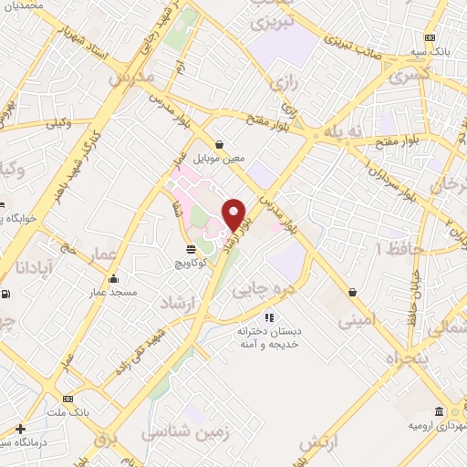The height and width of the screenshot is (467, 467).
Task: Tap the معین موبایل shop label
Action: [221, 158]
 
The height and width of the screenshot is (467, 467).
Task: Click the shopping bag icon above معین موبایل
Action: [220, 143]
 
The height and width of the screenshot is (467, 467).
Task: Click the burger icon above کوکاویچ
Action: [190, 248]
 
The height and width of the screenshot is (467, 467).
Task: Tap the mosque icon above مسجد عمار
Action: [113, 279]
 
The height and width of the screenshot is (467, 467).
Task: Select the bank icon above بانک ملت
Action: [68, 400]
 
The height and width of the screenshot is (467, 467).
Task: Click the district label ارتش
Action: [319, 442]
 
